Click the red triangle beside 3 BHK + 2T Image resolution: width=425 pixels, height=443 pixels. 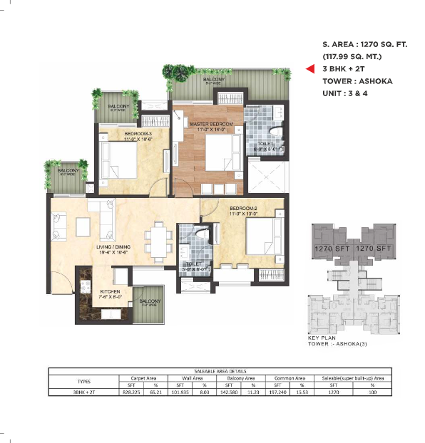click(310, 69)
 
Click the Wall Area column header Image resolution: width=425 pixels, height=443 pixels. click(193, 377)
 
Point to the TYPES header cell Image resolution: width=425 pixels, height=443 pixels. click(83, 381)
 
